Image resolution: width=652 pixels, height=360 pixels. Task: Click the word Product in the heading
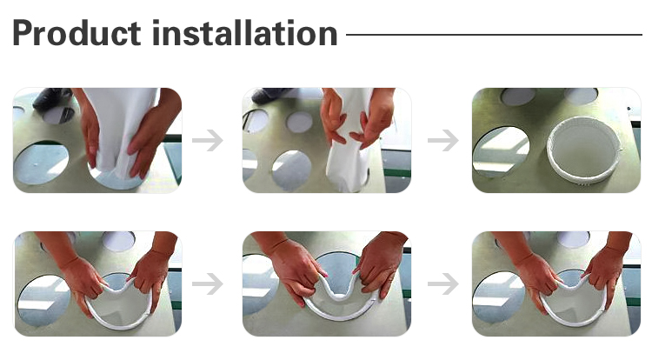point(77,33)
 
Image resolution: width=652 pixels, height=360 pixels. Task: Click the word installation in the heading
point(245,33)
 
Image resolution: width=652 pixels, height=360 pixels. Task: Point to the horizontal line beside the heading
point(494,35)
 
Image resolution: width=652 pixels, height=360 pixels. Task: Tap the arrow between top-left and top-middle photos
point(208,141)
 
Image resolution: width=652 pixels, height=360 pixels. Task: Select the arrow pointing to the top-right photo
point(443,141)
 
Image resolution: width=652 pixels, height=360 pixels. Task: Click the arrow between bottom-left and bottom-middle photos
point(208,284)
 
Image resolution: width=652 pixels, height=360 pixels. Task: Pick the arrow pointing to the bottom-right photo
point(443,284)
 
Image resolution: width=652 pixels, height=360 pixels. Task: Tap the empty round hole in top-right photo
point(501,152)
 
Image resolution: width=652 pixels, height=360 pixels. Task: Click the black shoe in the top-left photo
point(50,98)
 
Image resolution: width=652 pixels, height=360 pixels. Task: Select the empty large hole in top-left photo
point(41,163)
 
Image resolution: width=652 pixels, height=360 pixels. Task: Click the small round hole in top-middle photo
point(299,122)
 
